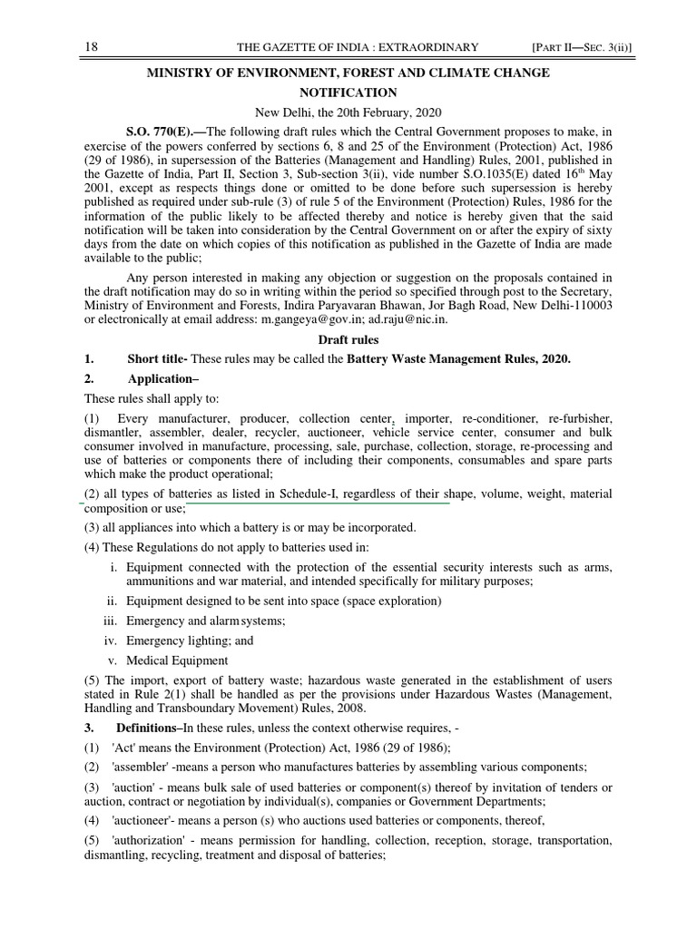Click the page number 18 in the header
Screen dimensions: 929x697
91,47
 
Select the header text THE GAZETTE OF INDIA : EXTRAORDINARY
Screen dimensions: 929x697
357,47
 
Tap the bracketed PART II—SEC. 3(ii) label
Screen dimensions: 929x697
568,47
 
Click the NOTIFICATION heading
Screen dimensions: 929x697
348,93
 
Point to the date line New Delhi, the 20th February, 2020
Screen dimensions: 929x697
348,112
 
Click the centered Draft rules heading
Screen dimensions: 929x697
348,339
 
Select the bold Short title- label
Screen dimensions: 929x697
158,359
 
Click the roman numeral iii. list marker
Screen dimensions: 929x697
113,621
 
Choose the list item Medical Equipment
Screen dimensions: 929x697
177,660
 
